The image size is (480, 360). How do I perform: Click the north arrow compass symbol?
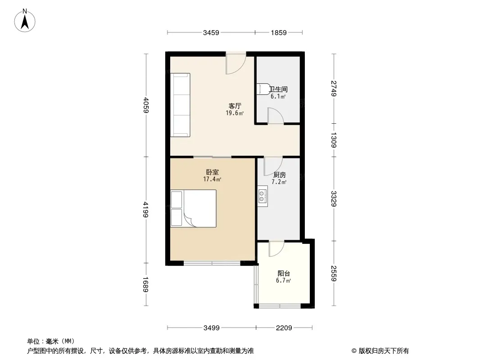[25, 21]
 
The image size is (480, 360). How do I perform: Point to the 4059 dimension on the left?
[146, 105]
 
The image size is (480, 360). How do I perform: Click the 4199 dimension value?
[146, 210]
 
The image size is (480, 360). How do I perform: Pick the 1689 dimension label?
[146, 284]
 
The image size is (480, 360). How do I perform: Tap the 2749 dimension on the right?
[334, 88]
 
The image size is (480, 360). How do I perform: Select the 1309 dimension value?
[334, 140]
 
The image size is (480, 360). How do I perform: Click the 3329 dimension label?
[334, 199]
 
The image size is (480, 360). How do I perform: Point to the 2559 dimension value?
[334, 273]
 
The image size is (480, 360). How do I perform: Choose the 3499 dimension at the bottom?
[212, 328]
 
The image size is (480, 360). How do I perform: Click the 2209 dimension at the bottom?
[284, 328]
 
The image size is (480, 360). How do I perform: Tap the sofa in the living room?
[180, 105]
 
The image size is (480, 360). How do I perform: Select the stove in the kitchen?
[263, 196]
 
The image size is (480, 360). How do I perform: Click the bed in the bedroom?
[194, 209]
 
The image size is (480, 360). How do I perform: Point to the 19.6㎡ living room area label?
[235, 113]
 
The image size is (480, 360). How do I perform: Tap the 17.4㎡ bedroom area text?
[212, 179]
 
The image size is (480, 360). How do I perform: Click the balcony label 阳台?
[284, 274]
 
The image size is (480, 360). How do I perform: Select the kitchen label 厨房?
[279, 175]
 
